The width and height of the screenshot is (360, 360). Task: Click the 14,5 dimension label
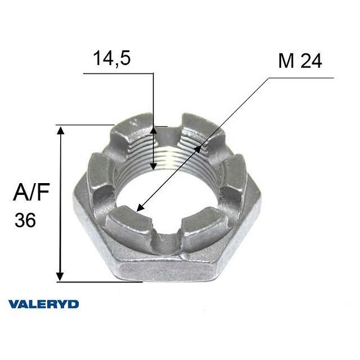112,58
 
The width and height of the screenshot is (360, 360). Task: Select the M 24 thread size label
300,61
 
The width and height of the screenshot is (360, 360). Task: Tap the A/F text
32,192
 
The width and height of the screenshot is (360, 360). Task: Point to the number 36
25,220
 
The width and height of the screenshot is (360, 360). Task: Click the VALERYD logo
43,304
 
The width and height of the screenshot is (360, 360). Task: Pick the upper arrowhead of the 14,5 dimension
153,130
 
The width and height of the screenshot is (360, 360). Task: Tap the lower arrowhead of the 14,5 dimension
153,166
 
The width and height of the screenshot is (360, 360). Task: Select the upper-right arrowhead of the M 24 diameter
197,149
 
